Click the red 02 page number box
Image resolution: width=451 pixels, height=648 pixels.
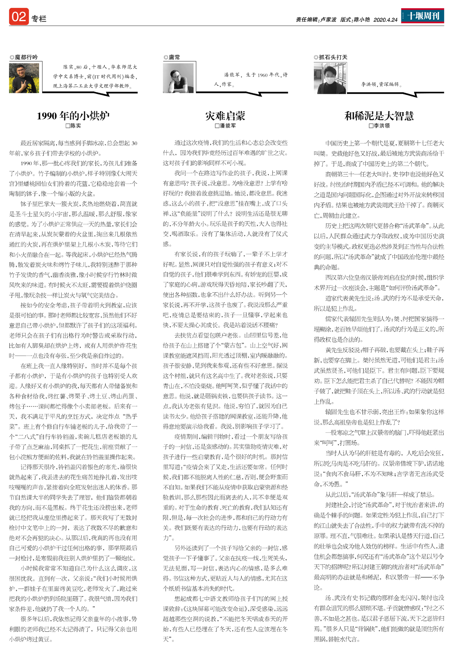click(x=19, y=17)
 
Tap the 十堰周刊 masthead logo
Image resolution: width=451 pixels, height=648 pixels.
click(x=423, y=16)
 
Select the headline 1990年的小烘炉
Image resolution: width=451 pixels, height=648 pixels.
click(x=73, y=116)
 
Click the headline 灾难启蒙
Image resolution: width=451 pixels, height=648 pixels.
click(x=225, y=116)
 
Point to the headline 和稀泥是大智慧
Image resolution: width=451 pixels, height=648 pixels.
click(x=379, y=116)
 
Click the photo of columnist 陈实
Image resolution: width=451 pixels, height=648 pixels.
click(x=24, y=78)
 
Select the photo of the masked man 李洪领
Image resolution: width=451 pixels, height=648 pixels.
click(x=330, y=78)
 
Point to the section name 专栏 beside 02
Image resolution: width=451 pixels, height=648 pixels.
click(x=39, y=19)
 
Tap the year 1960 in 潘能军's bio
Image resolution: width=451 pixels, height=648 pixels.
click(x=263, y=75)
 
